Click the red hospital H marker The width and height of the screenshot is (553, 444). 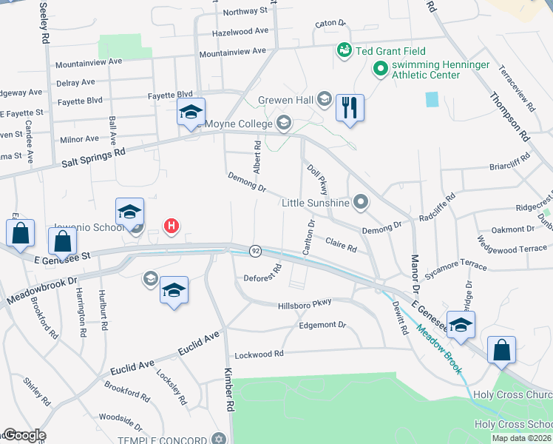tap(172, 226)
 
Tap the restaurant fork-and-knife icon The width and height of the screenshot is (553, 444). tap(348, 108)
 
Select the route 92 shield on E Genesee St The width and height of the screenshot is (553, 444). tap(255, 251)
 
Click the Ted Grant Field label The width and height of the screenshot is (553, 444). tap(381, 51)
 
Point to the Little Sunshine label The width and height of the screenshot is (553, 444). tap(315, 203)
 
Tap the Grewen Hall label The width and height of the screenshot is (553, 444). tap(285, 100)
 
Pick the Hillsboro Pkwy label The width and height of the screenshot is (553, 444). tap(305, 304)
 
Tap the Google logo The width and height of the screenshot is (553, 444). tap(24, 435)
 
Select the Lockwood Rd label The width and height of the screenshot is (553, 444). tap(258, 354)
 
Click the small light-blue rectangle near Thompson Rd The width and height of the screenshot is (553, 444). tap(432, 99)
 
